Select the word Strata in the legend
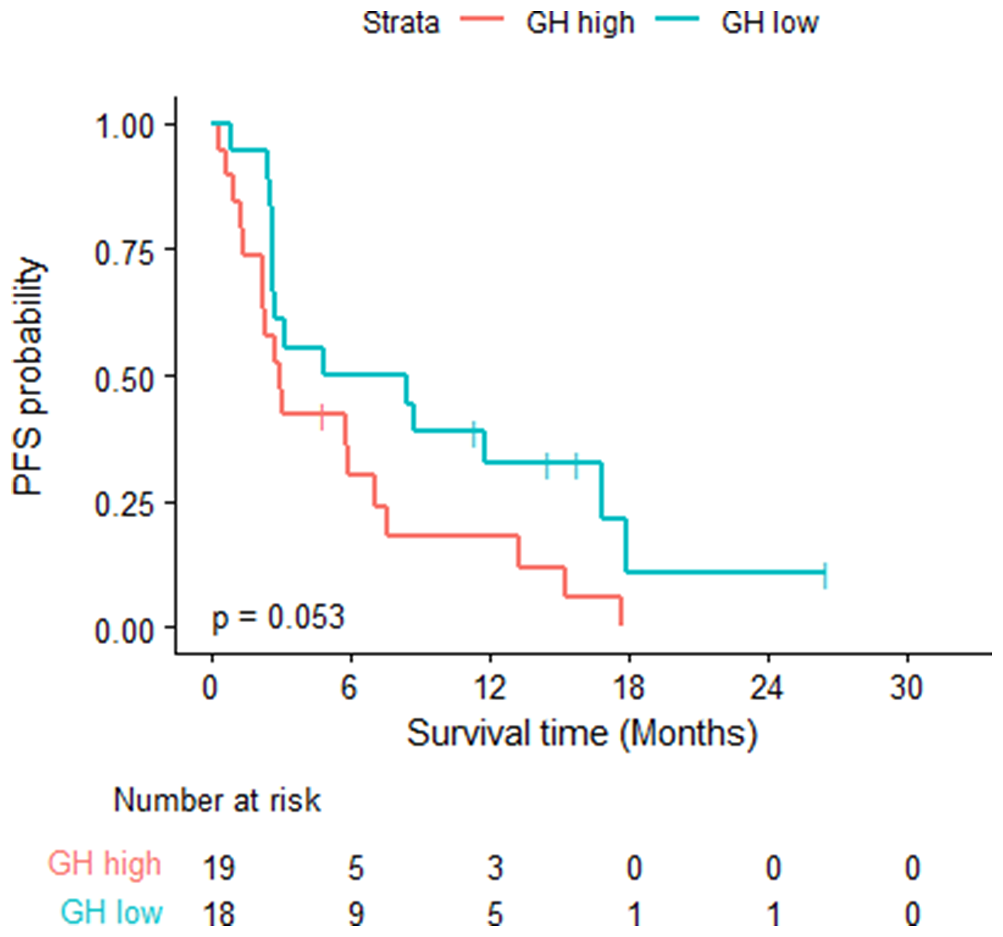click(x=401, y=23)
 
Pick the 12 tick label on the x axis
click(x=490, y=687)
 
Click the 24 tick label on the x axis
click(x=767, y=687)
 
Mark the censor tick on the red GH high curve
click(x=322, y=417)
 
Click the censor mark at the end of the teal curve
click(x=825, y=575)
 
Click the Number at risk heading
click(x=217, y=800)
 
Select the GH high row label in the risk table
click(x=104, y=864)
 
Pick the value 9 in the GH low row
click(x=356, y=914)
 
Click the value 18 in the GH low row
click(x=219, y=914)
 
